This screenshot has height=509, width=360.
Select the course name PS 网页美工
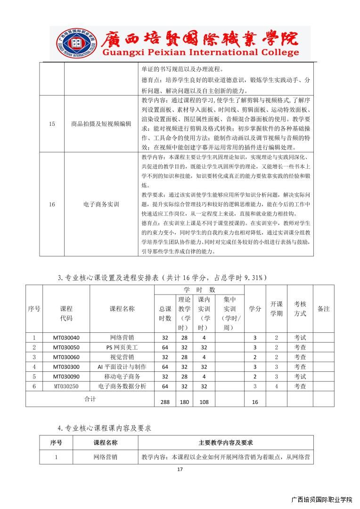point(122,347)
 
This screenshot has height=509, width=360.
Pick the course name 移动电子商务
point(122,377)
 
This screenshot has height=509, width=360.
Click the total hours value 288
point(165,402)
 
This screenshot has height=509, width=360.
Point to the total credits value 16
point(255,402)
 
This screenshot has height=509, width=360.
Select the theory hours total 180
point(184,402)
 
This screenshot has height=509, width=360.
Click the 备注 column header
point(323,309)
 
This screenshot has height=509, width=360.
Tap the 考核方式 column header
point(300,309)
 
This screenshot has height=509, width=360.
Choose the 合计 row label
point(90,399)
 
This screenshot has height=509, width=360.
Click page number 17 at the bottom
point(180,469)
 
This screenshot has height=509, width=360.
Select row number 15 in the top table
point(52,124)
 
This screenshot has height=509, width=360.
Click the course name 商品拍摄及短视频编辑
point(101,124)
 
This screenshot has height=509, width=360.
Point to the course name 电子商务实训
point(101,204)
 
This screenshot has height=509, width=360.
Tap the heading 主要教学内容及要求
point(226,443)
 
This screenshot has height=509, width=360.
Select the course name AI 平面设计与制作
point(122,367)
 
